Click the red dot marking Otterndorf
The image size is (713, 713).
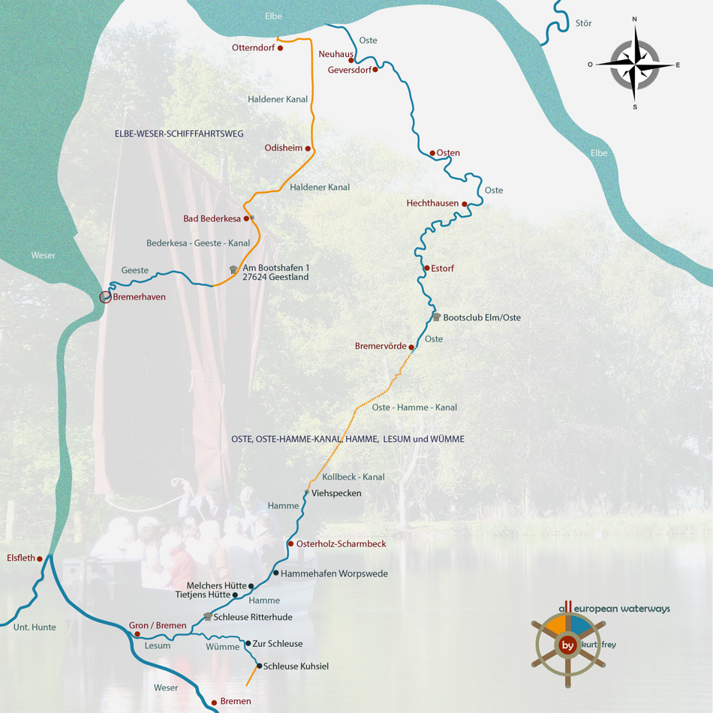(280, 48)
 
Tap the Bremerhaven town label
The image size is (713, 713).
(139, 297)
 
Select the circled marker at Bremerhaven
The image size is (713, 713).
(106, 297)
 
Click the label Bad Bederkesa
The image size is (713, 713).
(212, 218)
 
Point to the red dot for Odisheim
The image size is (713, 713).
(308, 149)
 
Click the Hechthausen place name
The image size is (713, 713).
(432, 203)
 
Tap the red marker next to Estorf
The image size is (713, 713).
(427, 268)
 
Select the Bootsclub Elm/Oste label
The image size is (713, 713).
(481, 317)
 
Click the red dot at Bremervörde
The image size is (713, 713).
(411, 347)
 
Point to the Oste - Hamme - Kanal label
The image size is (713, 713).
(414, 408)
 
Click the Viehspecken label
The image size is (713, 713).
(336, 493)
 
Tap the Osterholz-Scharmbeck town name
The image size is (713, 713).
(341, 543)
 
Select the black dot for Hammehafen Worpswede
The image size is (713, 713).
(275, 573)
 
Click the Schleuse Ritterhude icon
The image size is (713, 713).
(207, 617)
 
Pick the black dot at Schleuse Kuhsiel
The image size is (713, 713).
(259, 666)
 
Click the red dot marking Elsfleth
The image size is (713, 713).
(40, 559)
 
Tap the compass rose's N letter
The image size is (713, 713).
(634, 20)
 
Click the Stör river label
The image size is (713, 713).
(583, 23)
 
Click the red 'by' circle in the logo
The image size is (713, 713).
(568, 645)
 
